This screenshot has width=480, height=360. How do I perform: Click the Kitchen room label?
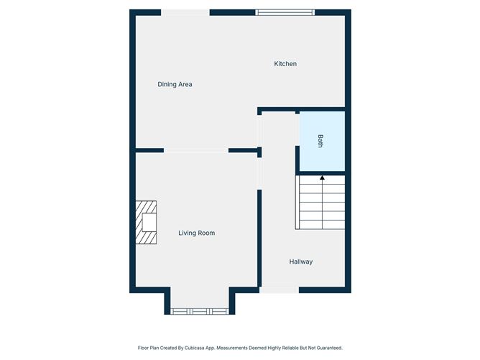coord(285,64)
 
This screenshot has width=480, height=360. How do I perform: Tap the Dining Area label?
coord(175,84)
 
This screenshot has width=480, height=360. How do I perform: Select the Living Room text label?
coord(197,233)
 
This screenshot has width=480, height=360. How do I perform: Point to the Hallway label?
coord(301,262)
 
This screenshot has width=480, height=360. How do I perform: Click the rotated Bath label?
coord(320,141)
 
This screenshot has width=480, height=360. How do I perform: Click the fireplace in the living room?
coord(146,222)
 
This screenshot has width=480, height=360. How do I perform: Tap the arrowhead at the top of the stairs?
coord(322,177)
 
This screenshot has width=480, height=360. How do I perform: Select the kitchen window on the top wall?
coord(285,12)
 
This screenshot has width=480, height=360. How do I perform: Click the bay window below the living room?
coord(200,311)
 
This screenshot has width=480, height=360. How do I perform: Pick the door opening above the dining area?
coord(185,12)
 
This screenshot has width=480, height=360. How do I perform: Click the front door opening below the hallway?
coord(280,290)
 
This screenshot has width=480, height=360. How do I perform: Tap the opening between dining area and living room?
coord(196,150)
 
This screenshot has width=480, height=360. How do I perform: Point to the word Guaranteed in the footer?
coord(329,348)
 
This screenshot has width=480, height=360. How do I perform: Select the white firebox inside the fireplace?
coord(149,223)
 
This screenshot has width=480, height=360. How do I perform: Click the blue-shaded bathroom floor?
coord(322,141)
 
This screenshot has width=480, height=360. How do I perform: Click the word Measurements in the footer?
coord(232,348)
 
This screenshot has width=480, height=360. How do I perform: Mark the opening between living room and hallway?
coord(259,174)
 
